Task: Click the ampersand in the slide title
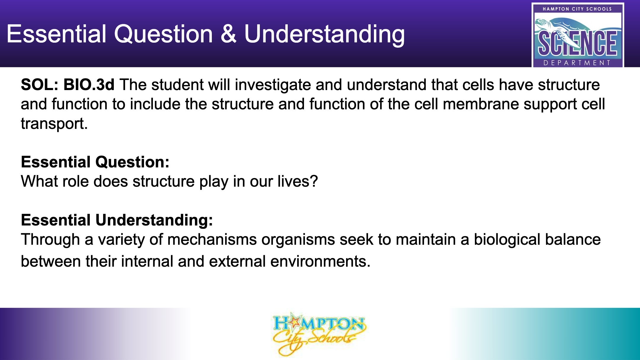[x=228, y=34]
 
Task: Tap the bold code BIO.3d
[x=89, y=85]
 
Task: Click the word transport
[x=54, y=124]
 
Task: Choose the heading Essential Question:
[x=95, y=162]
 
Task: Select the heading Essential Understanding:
[x=117, y=220]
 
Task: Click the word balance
[x=573, y=239]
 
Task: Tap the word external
[x=237, y=261]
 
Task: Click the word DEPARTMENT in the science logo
[x=577, y=63]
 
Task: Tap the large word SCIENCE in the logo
[x=578, y=44]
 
